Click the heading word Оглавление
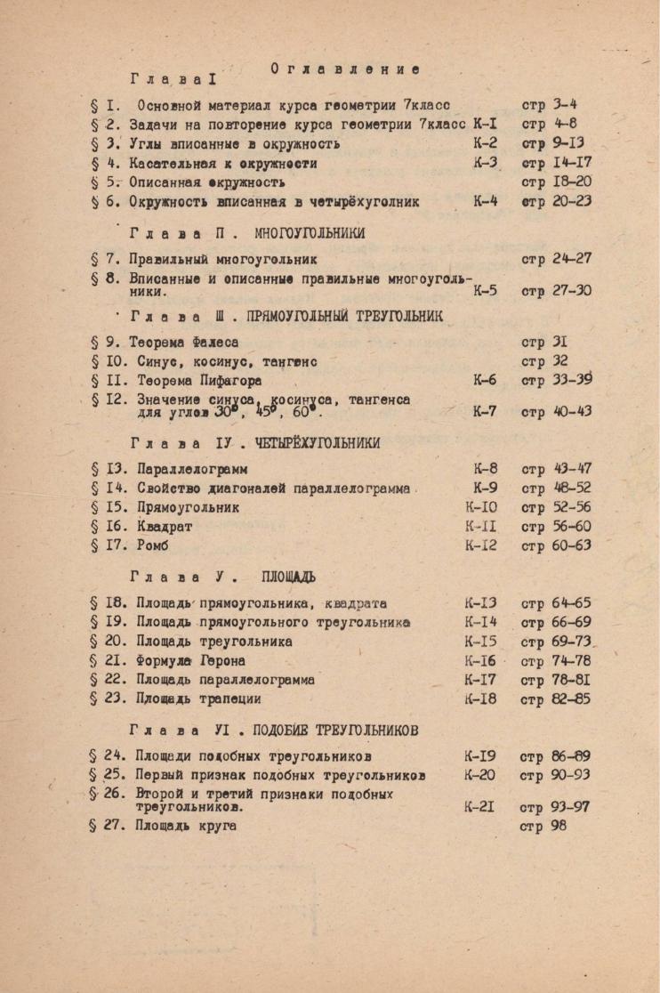[345, 69]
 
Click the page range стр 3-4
[549, 104]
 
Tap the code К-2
[486, 143]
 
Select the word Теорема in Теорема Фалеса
[158, 342]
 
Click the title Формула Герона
[190, 661]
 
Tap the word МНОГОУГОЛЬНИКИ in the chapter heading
[310, 233]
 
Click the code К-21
[479, 808]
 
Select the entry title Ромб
[153, 545]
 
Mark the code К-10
[481, 507]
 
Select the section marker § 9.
[105, 342]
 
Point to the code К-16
[480, 661]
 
